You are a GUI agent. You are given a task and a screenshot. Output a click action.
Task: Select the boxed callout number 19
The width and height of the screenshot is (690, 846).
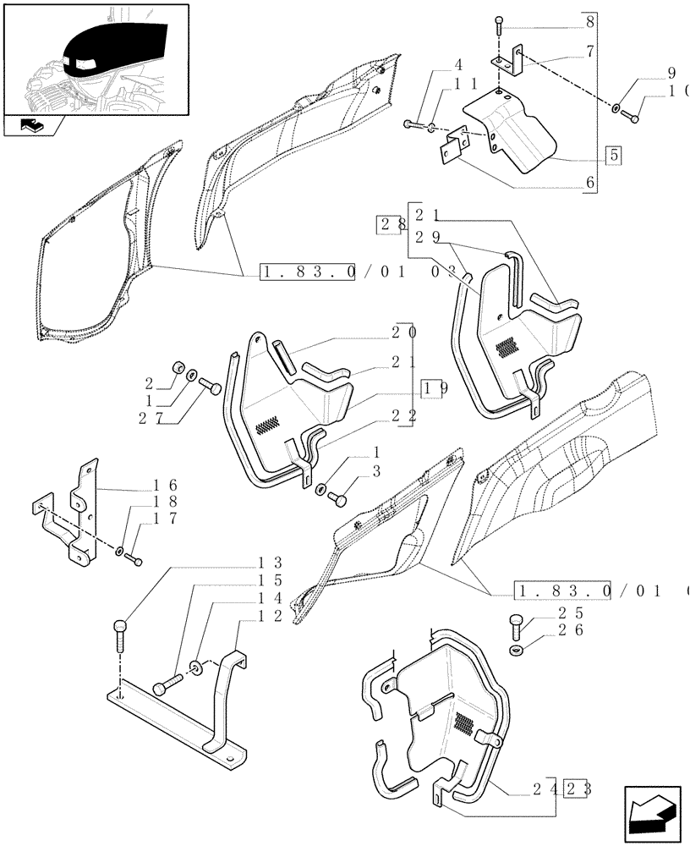pyautogui.click(x=435, y=389)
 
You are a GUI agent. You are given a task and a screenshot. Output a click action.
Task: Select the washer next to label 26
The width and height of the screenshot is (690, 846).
pyautogui.click(x=517, y=649)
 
